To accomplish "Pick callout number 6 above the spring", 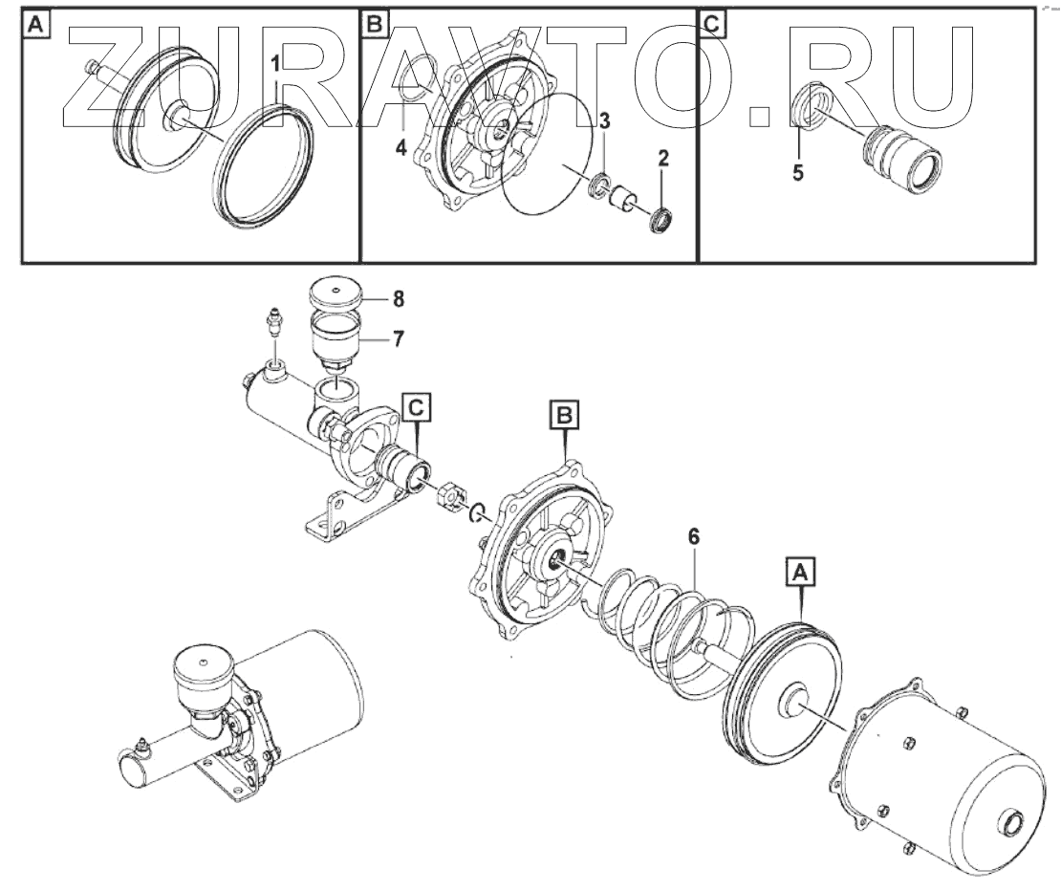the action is tap(692, 537).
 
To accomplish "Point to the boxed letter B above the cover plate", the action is tap(564, 415).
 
